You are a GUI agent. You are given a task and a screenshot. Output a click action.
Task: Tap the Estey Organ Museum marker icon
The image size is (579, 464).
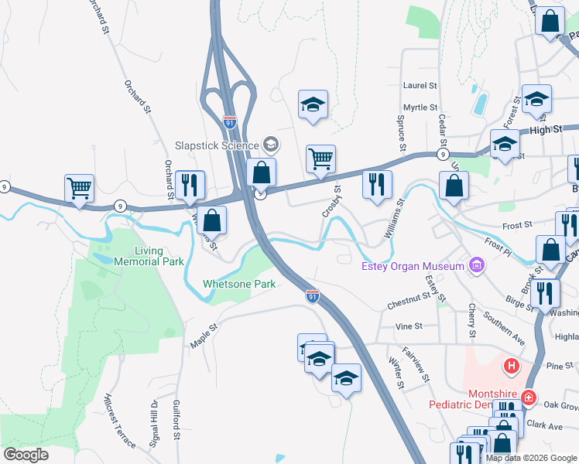pos(477,267)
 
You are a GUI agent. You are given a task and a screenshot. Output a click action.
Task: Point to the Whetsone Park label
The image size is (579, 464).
pos(239,284)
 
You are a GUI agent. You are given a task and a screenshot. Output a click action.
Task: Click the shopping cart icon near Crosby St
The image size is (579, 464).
pos(320,159)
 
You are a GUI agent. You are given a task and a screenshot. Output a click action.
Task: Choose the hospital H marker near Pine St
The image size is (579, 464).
pos(511,364)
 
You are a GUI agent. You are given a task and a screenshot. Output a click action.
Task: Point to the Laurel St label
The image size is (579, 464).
pos(420,85)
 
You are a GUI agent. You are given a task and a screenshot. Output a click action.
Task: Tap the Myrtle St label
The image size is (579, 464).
pos(420,107)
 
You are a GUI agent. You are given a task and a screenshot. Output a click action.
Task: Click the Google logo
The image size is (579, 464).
pos(26,455)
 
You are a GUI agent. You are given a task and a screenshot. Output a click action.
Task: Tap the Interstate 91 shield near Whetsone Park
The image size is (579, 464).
pos(313,296)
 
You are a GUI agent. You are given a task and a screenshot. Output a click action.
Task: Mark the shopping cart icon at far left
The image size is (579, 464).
pos(79,187)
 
